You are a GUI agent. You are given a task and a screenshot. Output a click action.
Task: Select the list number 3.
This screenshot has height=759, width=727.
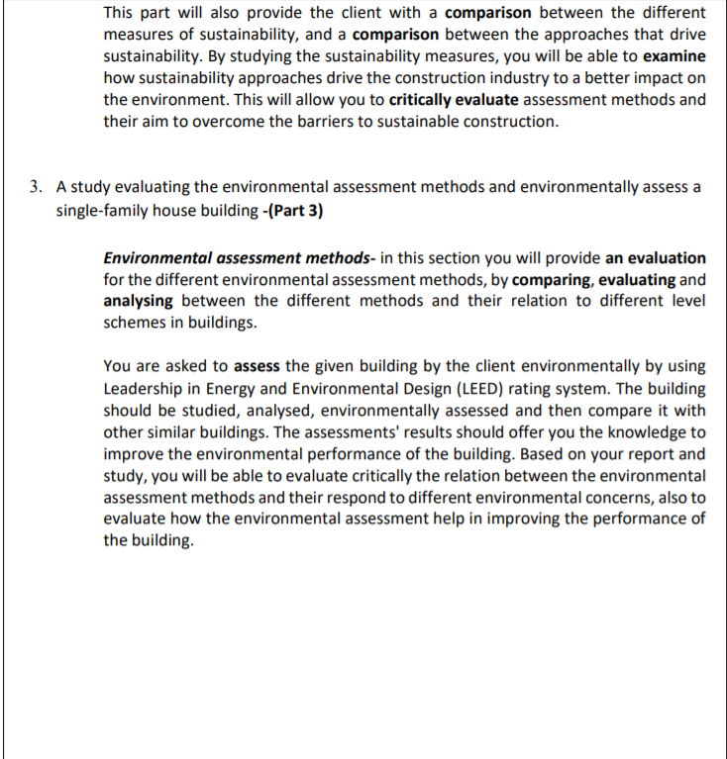coord(35,186)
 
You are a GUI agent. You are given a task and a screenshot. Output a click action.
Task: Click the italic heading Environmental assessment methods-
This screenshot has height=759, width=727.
coord(236,258)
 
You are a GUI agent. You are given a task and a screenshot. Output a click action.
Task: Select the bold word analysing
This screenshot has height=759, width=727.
coord(139,302)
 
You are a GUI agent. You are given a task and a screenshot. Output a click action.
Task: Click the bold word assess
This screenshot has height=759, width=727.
coord(257,367)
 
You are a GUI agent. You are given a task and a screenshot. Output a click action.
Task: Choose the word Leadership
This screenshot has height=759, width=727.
coord(143,389)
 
